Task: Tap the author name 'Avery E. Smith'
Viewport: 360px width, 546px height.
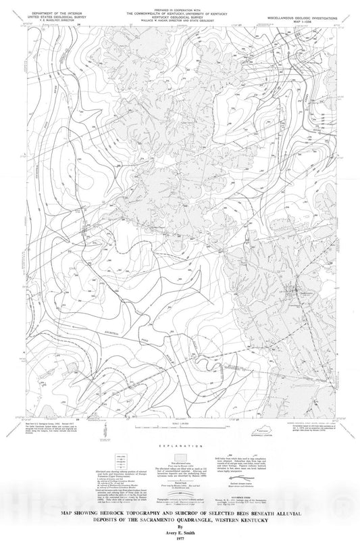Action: pyautogui.click(x=179, y=531)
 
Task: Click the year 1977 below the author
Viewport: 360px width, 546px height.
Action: pyautogui.click(x=179, y=538)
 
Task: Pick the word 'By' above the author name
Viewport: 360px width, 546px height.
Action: pyautogui.click(x=179, y=524)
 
